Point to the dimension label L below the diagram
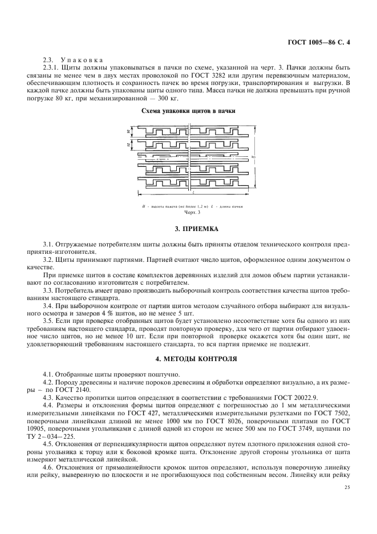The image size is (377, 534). (x=188, y=195)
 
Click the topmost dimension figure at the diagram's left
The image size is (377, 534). (x=128, y=132)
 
